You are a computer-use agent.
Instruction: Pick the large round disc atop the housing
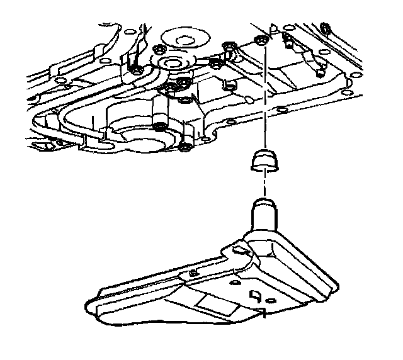(184, 38)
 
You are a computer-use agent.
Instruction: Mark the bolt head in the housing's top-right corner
(325, 27)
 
